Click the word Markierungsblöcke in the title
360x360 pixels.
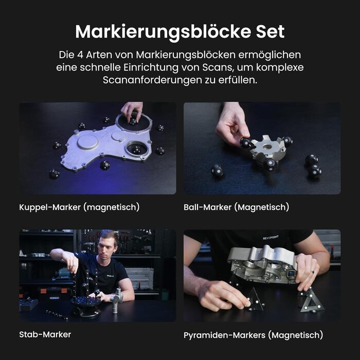[163, 32]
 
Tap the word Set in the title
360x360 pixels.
[271, 31]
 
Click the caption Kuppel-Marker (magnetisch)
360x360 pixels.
[79, 207]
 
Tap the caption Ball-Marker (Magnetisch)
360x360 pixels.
[236, 207]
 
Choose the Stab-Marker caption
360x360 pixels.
[45, 334]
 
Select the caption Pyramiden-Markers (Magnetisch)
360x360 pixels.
[253, 335]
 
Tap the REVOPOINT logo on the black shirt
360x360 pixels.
[271, 238]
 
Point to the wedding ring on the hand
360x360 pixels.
[313, 272]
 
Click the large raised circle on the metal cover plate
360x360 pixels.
[88, 142]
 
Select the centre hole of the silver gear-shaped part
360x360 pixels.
[267, 147]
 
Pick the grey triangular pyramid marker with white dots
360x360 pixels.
[313, 301]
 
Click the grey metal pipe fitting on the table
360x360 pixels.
[117, 300]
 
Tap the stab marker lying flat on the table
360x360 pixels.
[57, 315]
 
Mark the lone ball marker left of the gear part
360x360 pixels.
[217, 171]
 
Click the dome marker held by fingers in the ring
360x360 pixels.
[133, 121]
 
